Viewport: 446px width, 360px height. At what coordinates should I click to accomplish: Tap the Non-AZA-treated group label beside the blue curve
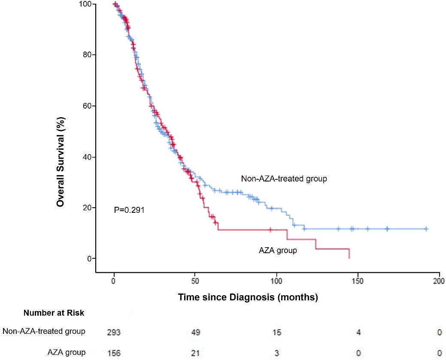pyautogui.click(x=284, y=178)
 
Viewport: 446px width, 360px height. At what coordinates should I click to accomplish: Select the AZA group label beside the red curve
pyautogui.click(x=278, y=250)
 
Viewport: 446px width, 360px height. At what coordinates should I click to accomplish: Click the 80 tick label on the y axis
pyautogui.click(x=87, y=55)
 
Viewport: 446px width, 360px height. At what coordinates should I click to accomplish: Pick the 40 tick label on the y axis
pyautogui.click(x=87, y=157)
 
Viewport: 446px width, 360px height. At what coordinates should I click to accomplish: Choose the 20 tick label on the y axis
pyautogui.click(x=87, y=208)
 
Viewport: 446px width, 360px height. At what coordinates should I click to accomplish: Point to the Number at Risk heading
pyautogui.click(x=54, y=313)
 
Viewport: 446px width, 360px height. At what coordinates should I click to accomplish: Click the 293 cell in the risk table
pyautogui.click(x=114, y=331)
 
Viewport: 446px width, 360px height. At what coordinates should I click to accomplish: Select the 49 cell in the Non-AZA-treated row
pyautogui.click(x=195, y=331)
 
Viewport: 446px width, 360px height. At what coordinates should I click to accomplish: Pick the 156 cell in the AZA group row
pyautogui.click(x=114, y=353)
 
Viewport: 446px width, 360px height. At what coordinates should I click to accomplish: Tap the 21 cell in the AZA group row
pyautogui.click(x=195, y=353)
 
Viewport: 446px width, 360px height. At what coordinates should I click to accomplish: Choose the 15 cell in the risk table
pyautogui.click(x=276, y=331)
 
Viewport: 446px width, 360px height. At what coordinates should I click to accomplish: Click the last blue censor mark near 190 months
pyautogui.click(x=426, y=229)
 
